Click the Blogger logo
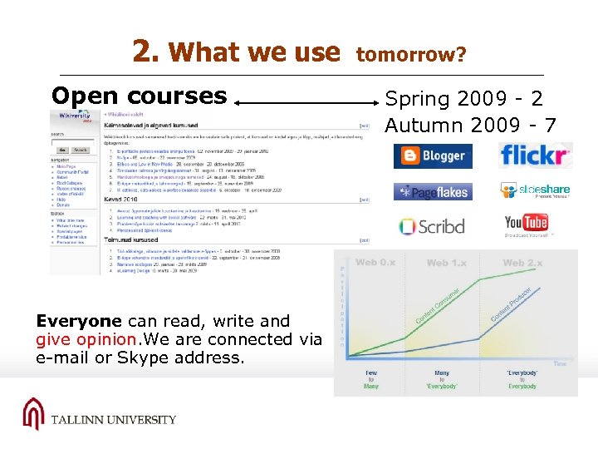433,156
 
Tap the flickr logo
536,155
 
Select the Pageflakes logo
433,192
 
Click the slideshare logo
536,190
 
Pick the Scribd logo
432,226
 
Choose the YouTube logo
527,224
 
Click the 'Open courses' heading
139,96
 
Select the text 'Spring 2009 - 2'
463,99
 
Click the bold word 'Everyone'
80,321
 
